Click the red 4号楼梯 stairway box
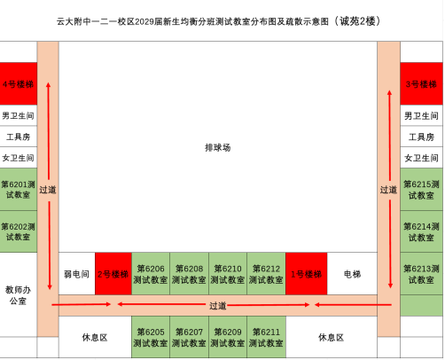click(x=19, y=83)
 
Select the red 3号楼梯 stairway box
click(x=421, y=83)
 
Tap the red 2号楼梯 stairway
click(x=113, y=274)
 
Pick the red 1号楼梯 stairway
click(x=307, y=274)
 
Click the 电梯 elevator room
click(x=352, y=274)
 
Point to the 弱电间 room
click(x=77, y=274)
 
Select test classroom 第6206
click(x=151, y=274)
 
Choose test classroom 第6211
click(x=266, y=337)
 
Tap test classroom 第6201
click(x=19, y=190)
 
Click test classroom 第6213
click(x=421, y=274)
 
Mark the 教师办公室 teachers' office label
click(x=18, y=295)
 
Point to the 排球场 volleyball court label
click(x=218, y=147)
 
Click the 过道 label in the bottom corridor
click(x=218, y=306)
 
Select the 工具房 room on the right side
click(x=421, y=137)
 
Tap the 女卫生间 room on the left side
click(x=19, y=158)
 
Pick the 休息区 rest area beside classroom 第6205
click(x=95, y=337)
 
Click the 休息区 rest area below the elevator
click(x=332, y=337)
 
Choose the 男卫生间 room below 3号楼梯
click(x=421, y=115)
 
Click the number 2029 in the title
click(x=144, y=21)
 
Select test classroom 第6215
click(x=421, y=190)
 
